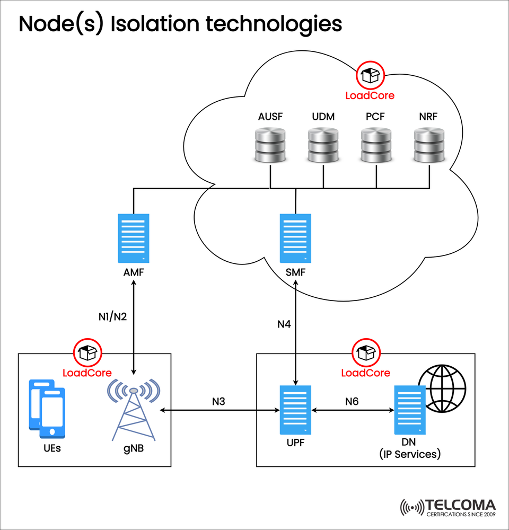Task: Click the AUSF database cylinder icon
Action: tap(270, 145)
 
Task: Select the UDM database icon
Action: tap(323, 145)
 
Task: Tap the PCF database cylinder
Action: tap(376, 145)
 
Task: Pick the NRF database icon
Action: tap(428, 145)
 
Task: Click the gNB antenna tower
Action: tap(133, 411)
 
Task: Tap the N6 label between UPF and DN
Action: tap(352, 402)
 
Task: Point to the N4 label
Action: tap(285, 324)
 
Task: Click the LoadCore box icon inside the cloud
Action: tap(370, 76)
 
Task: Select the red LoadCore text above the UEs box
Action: tap(87, 373)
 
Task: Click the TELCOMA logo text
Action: tap(460, 505)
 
